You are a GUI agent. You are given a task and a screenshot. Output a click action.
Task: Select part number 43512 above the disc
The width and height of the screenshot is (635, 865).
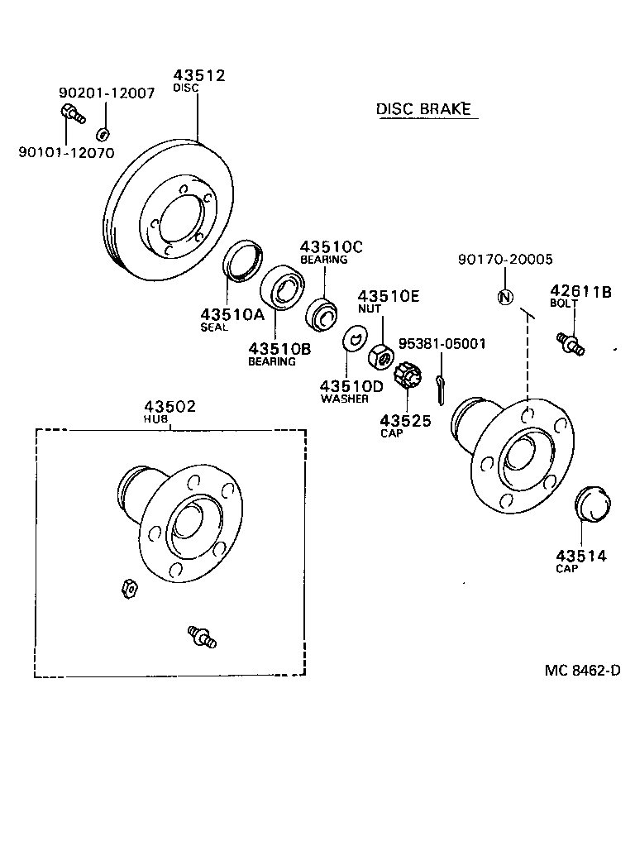[x=198, y=75]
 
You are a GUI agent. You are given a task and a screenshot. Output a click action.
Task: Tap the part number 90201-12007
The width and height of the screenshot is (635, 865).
[x=106, y=93]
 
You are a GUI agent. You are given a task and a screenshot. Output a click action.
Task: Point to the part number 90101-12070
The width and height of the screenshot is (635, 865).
[x=66, y=153]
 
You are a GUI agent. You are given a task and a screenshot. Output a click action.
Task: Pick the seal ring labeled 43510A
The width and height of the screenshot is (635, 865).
[x=241, y=260]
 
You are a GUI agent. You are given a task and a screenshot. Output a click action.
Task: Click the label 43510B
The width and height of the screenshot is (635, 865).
[x=279, y=349]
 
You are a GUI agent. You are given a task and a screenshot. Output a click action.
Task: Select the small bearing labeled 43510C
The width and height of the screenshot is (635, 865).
[x=322, y=314]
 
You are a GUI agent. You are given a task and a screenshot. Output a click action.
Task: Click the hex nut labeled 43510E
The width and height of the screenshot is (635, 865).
[x=380, y=356]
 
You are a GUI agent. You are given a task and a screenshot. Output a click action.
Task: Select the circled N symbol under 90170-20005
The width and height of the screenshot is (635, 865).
[x=504, y=298]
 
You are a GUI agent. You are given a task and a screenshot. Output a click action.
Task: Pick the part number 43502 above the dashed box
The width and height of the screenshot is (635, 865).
[x=169, y=406]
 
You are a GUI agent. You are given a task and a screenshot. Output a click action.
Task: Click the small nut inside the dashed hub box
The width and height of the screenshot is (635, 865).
[x=128, y=588]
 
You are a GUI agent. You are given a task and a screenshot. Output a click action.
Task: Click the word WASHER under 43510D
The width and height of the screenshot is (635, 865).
[x=345, y=399]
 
